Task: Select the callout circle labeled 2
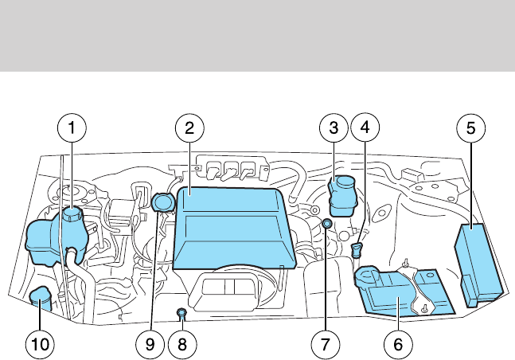tap(189, 127)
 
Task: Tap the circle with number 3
tap(334, 127)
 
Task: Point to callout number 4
tap(365, 127)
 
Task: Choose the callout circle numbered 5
tap(470, 127)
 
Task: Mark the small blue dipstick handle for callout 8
tap(181, 311)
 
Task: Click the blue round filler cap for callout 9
tap(163, 203)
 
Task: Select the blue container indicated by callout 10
tap(40, 300)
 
